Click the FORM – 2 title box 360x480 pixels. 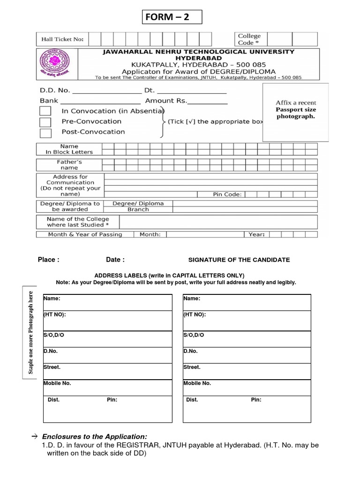coord(172,18)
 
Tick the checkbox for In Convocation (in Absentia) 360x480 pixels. coord(45,111)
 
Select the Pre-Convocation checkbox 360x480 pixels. coord(45,122)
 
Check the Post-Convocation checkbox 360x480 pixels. coord(45,133)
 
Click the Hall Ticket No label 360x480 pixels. coord(62,39)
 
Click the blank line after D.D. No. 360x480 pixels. coord(106,92)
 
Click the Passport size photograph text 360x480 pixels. coord(296,113)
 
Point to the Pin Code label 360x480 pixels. coord(227,194)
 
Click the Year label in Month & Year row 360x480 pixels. coord(256,234)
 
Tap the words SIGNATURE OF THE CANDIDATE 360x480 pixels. coord(239,260)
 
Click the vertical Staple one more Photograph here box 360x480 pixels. coord(31,332)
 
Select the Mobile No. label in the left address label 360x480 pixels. coord(57,383)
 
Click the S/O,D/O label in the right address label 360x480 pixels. coord(194,335)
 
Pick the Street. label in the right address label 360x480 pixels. coord(191,367)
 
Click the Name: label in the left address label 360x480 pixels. coord(52,298)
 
